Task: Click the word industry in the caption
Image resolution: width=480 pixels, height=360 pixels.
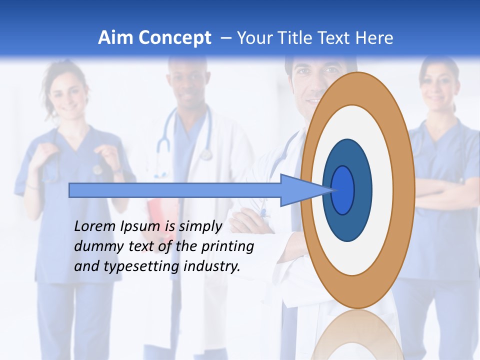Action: (212, 266)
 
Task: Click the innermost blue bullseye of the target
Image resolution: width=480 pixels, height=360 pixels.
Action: (343, 190)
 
